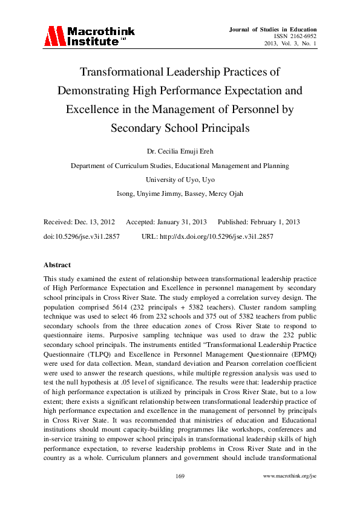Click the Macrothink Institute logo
pyautogui.click(x=89, y=36)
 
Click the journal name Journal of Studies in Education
pyautogui.click(x=274, y=30)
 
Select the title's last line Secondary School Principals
pyautogui.click(x=180, y=128)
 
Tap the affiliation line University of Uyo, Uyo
pyautogui.click(x=180, y=180)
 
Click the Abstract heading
pyautogui.click(x=57, y=265)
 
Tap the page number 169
pyautogui.click(x=180, y=477)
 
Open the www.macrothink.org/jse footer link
pyautogui.click(x=289, y=477)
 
